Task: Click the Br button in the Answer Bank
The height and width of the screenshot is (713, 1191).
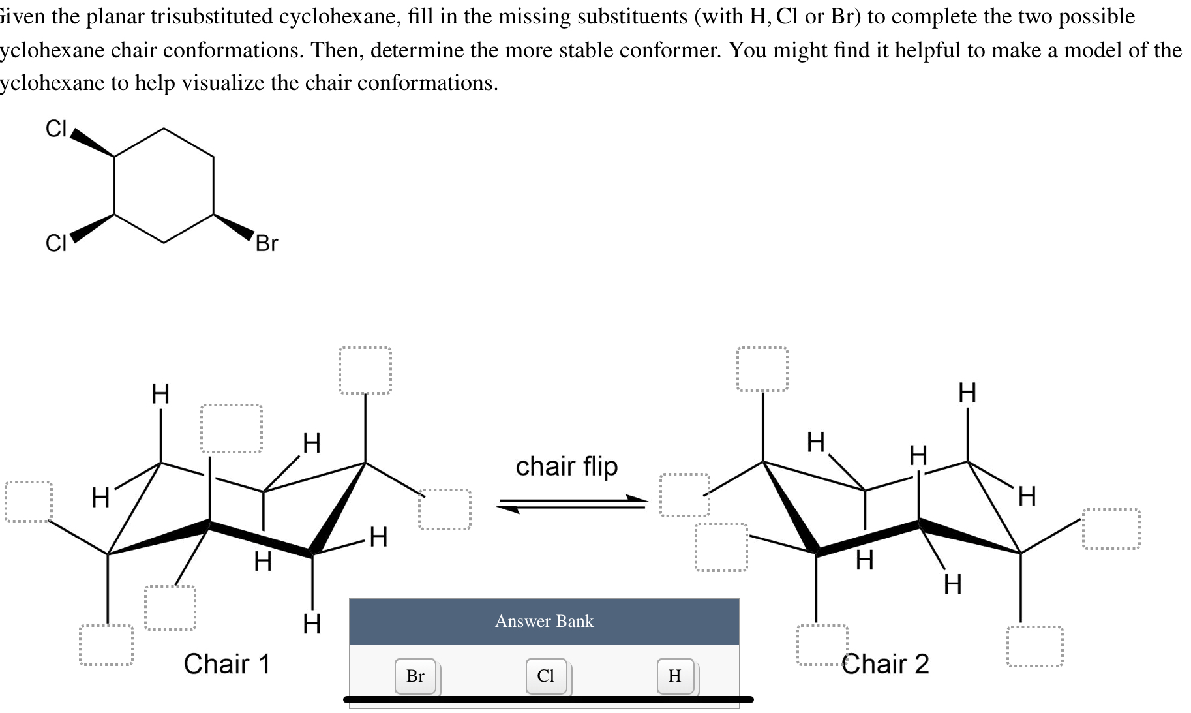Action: (415, 676)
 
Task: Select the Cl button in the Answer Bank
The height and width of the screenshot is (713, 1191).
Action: (546, 676)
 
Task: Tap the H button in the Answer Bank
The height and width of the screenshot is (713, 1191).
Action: (674, 676)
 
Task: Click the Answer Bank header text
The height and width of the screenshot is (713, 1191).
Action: (544, 621)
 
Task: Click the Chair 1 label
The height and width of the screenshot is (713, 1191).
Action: (226, 663)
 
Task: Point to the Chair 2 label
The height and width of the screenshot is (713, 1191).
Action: (885, 663)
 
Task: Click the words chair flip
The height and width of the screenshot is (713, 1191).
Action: (566, 466)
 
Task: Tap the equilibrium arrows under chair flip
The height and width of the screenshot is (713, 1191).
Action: (573, 504)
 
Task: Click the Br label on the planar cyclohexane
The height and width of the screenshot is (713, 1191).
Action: (266, 243)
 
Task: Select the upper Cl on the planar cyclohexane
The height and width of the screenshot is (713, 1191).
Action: (56, 129)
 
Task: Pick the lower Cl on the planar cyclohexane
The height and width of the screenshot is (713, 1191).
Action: (56, 243)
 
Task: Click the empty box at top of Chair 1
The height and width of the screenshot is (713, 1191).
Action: (365, 370)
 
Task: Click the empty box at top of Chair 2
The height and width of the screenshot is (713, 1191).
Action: (762, 369)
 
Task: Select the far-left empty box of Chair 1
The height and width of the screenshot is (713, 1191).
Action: (29, 502)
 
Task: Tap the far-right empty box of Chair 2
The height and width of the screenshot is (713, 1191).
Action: (1111, 529)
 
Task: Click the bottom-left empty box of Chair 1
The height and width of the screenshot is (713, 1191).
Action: (106, 645)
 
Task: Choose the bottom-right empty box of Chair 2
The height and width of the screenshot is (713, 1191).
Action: (1034, 646)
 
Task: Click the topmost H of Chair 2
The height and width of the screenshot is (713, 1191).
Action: (967, 393)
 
